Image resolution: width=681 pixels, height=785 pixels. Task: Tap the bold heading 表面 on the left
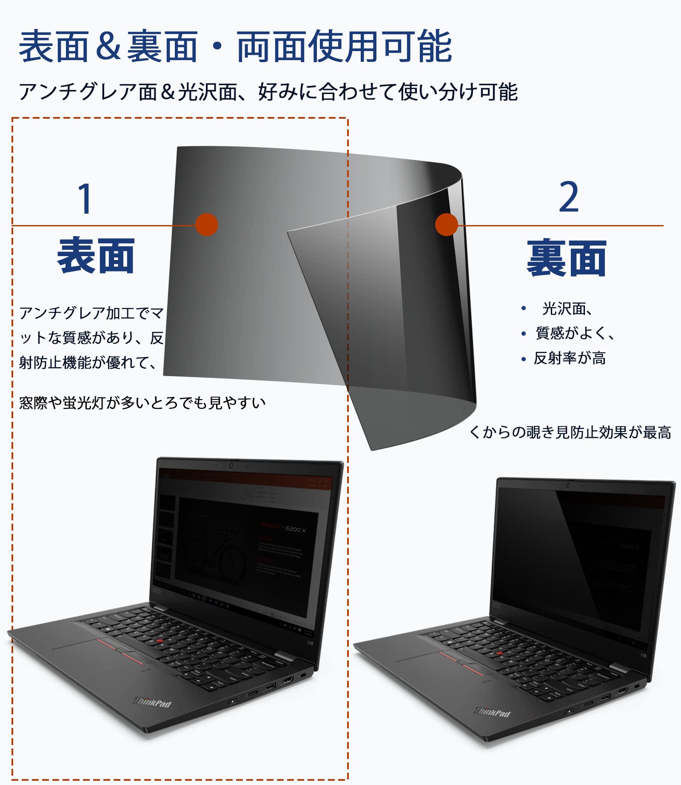(x=96, y=256)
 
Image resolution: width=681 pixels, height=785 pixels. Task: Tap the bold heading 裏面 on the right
(x=566, y=258)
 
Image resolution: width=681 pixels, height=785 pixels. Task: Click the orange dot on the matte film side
(x=207, y=225)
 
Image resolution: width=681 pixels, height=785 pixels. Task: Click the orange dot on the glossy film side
(x=447, y=225)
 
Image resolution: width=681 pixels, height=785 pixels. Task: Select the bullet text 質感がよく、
(x=575, y=333)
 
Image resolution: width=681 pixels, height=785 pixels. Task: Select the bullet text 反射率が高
(x=570, y=358)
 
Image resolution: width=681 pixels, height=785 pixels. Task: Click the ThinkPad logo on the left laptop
(x=153, y=702)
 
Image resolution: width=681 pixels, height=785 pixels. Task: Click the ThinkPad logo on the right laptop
(x=492, y=712)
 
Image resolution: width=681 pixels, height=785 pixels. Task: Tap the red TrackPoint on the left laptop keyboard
(x=160, y=641)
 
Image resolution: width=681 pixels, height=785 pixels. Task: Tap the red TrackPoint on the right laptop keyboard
(x=500, y=653)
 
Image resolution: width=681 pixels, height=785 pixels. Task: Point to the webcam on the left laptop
(x=231, y=465)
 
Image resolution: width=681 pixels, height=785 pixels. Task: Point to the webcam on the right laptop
(x=568, y=485)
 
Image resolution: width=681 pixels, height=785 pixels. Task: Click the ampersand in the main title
(x=108, y=46)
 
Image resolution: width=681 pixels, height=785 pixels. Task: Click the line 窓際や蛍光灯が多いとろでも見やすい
(x=142, y=402)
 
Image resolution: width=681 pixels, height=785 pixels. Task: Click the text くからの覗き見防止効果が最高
(x=570, y=432)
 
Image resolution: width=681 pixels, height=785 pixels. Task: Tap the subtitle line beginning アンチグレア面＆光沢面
(x=268, y=92)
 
